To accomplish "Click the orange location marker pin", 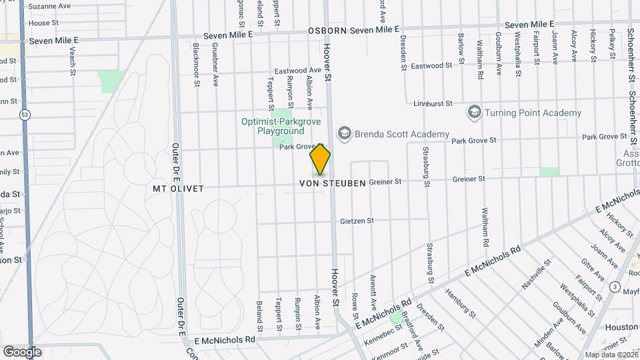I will [320, 159].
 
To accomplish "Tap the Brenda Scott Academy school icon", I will [344, 134].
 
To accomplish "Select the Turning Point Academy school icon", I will [475, 112].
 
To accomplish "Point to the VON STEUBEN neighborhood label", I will [333, 183].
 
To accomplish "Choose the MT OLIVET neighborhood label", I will [178, 189].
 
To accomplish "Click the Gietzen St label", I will [357, 221].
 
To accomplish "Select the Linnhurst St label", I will [433, 104].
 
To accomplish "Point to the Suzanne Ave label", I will [49, 5].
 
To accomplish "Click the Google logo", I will [22, 351].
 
